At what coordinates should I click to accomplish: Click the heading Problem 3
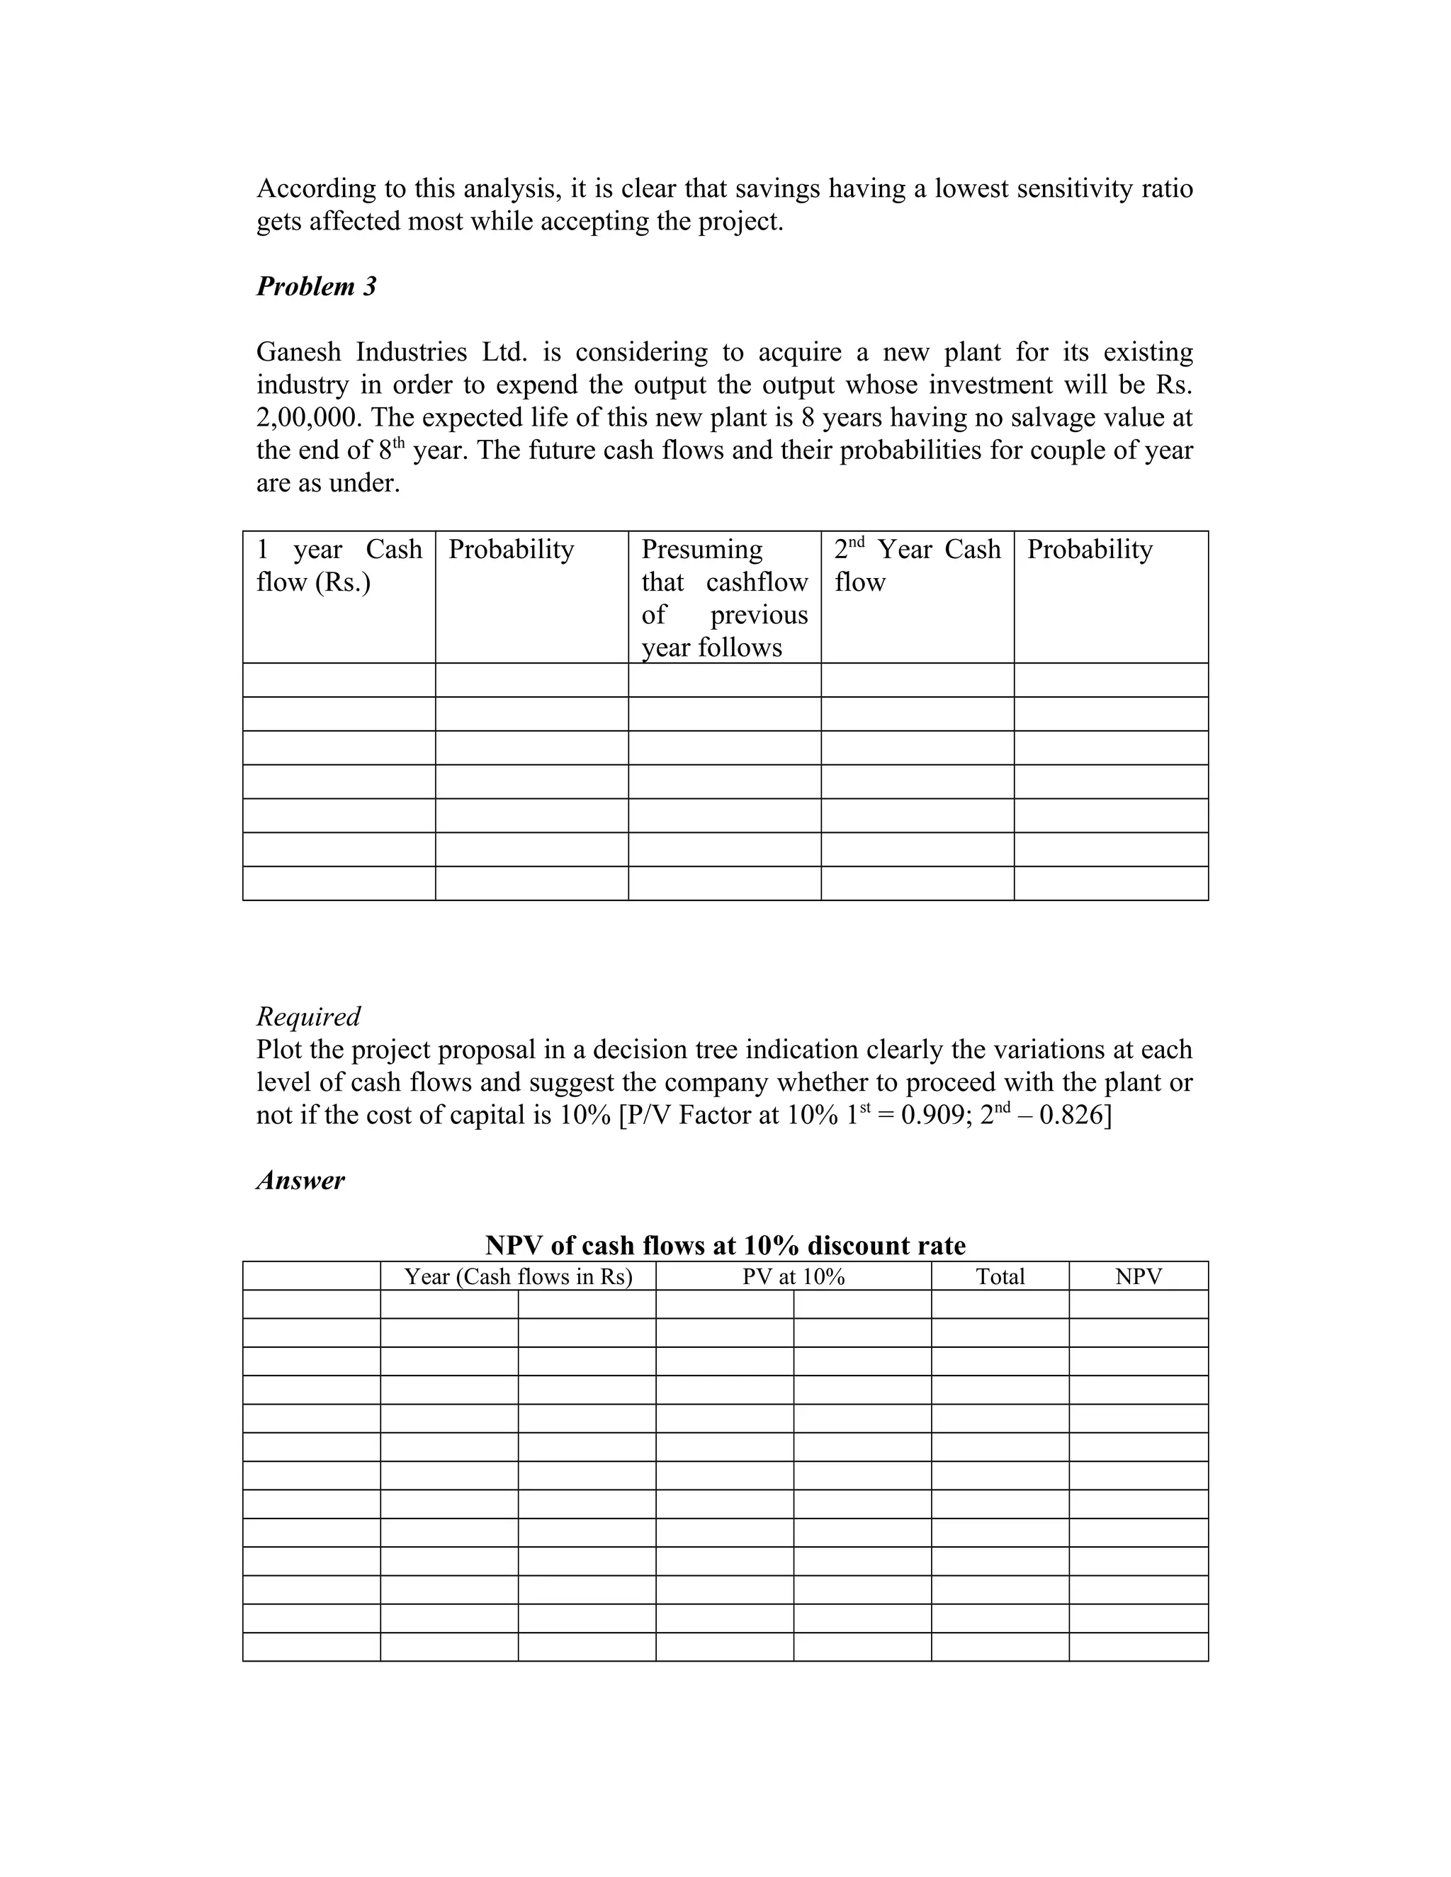point(316,286)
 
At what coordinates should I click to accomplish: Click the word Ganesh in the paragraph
point(299,352)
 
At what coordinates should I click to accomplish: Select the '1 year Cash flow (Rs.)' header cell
point(339,565)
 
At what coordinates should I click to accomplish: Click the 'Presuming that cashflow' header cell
point(724,597)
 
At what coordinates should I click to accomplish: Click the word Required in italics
point(307,1016)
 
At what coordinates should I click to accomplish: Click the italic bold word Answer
point(300,1180)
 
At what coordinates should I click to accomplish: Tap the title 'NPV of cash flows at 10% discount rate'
point(725,1245)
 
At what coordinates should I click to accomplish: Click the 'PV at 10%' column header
point(793,1276)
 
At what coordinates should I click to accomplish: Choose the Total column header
point(1000,1276)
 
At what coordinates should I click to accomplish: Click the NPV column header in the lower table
point(1138,1276)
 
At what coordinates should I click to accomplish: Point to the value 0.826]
point(1075,1116)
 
